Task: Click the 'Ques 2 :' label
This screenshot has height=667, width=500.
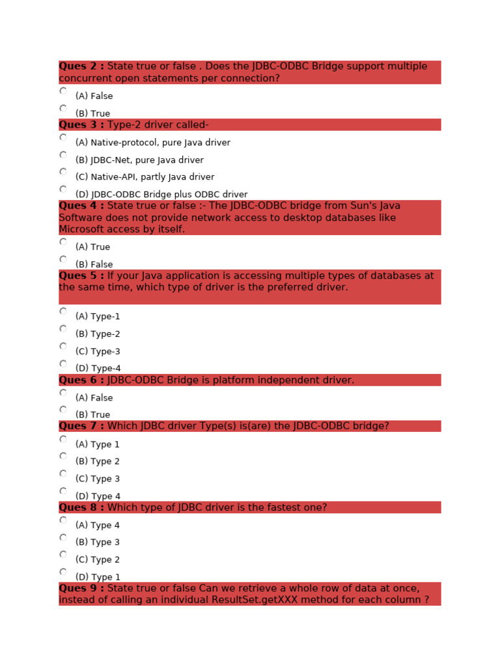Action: [81, 66]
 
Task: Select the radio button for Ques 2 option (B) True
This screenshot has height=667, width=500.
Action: [63, 108]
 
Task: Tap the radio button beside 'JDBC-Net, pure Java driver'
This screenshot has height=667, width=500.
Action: [63, 155]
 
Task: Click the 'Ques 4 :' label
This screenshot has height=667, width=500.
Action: [81, 206]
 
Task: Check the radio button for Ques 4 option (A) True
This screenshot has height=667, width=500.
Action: [63, 242]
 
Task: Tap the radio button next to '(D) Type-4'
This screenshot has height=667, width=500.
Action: [63, 363]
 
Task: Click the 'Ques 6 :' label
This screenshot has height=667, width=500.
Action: [81, 380]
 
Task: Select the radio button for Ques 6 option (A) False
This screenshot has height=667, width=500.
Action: [63, 393]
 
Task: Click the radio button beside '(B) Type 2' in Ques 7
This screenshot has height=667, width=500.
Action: [63, 456]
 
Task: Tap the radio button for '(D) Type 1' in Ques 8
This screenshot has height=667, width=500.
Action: [63, 572]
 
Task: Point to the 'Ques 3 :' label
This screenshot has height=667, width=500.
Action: [81, 125]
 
